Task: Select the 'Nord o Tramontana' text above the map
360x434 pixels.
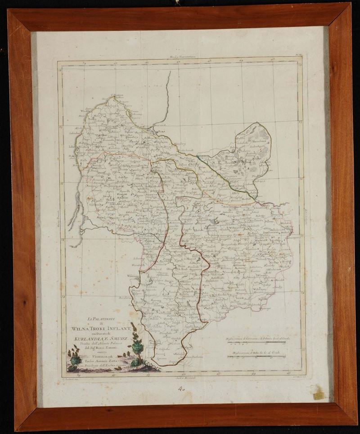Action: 181,57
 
